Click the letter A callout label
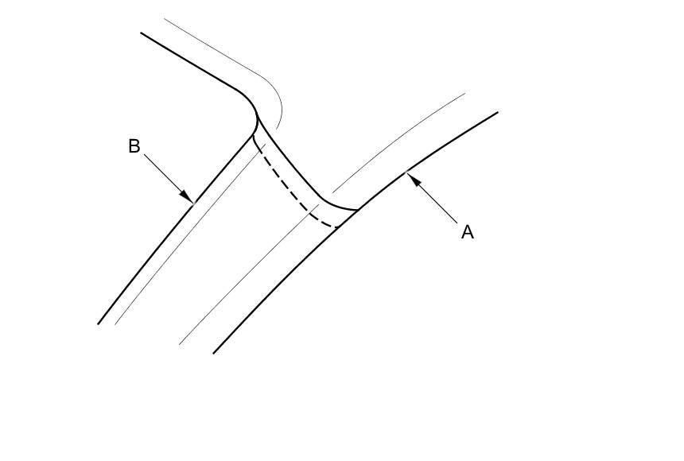[468, 232]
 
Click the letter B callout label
[134, 146]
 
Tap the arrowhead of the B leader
[188, 197]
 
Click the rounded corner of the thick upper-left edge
[248, 100]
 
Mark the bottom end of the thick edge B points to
[99, 323]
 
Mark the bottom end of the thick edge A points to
[213, 353]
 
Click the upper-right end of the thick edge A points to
[497, 112]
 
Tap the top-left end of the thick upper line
[142, 33]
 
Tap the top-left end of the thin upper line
[165, 19]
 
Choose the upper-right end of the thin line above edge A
[465, 94]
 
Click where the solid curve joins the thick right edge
[357, 210]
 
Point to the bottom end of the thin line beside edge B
[115, 324]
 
